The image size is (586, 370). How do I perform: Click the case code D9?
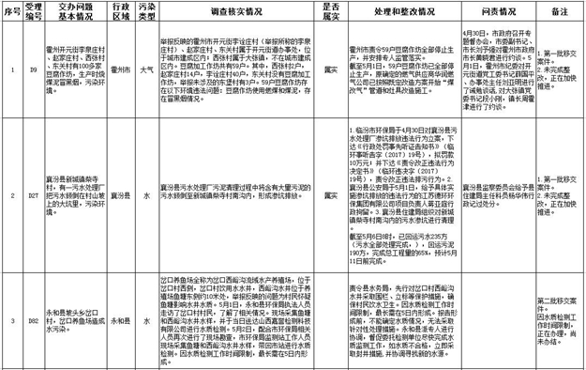pos(33,69)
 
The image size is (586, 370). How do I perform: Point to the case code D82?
pos(33,318)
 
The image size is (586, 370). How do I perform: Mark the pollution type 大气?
pos(147,69)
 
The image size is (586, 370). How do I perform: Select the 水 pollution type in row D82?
pos(147,318)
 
